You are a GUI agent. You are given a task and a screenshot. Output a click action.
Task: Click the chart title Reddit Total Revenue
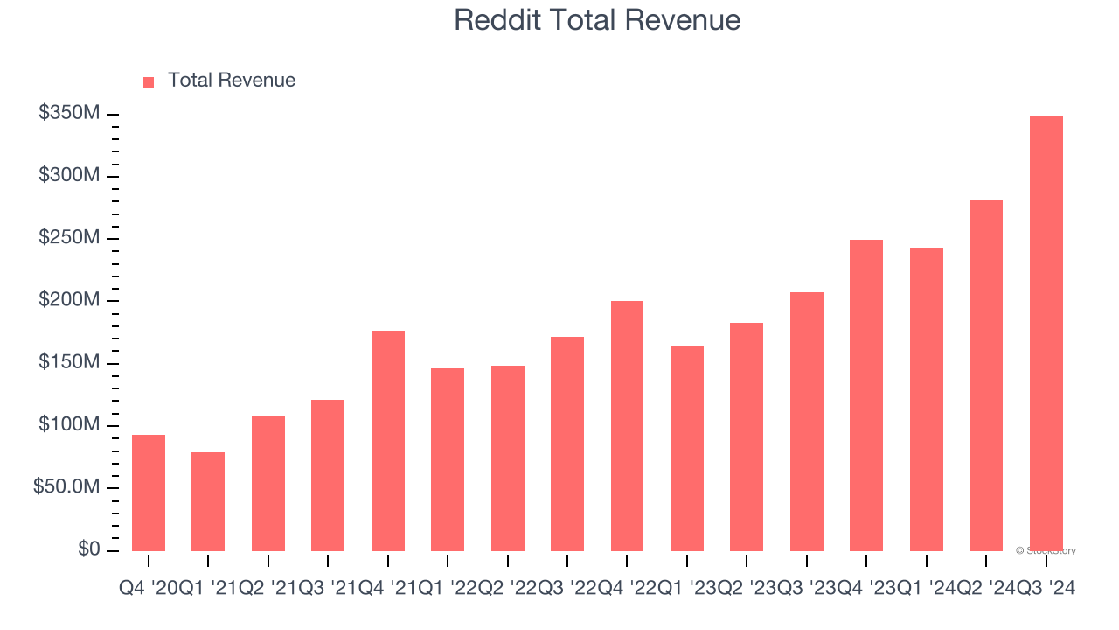tap(597, 20)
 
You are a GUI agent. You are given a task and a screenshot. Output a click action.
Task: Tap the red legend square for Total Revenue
tap(149, 81)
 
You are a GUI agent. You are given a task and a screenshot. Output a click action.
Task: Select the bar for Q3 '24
tap(1046, 332)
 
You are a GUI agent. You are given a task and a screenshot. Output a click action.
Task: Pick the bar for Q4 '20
tap(149, 493)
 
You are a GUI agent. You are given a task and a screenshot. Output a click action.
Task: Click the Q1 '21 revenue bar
tap(208, 501)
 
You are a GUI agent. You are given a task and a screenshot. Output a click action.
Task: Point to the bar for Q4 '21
tap(388, 440)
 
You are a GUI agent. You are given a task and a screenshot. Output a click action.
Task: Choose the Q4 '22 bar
tap(627, 425)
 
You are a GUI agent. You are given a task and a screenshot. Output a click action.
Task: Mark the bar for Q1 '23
tap(687, 448)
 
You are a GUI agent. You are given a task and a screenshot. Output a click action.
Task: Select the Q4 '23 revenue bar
tap(866, 395)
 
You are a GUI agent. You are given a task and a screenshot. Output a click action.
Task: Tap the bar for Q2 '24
tap(986, 375)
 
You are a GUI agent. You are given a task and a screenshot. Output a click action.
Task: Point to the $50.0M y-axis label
tap(66, 487)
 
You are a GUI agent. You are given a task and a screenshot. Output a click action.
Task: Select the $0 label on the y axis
tap(89, 549)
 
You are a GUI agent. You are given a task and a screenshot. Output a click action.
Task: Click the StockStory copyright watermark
tap(1046, 551)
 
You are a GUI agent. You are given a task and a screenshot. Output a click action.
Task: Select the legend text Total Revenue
tap(232, 80)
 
